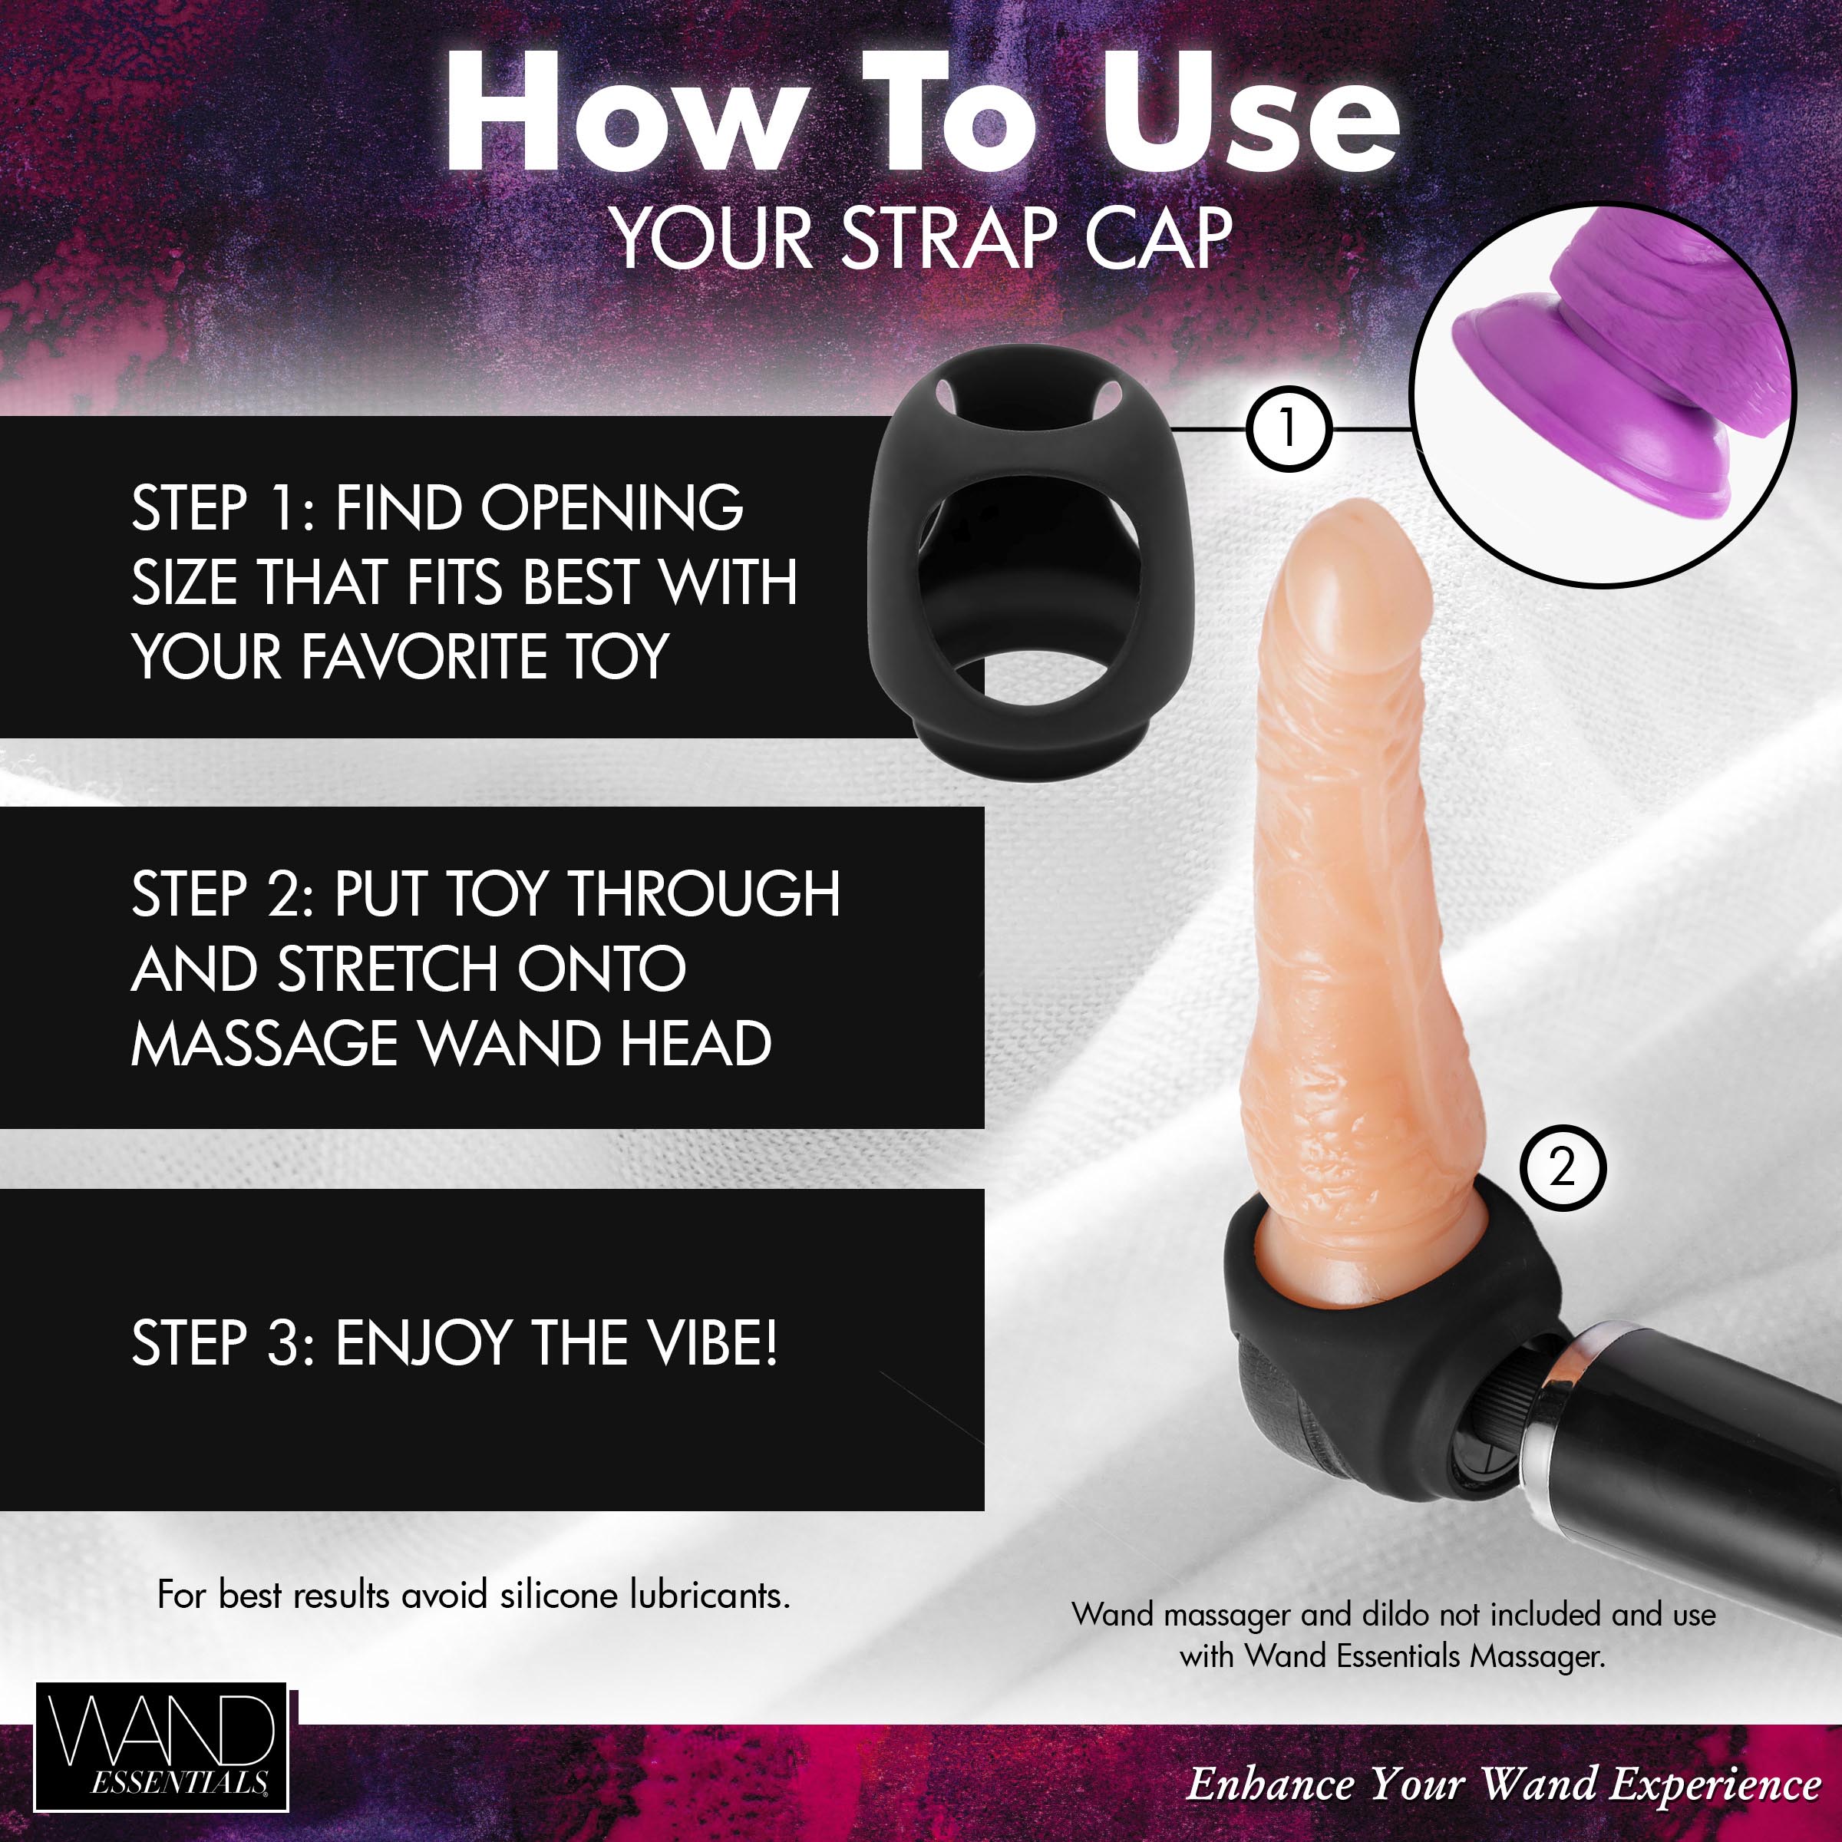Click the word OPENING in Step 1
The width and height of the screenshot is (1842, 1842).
click(610, 508)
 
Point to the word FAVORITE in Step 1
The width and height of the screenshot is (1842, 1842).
click(426, 657)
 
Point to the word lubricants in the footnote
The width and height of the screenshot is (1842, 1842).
click(709, 1595)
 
